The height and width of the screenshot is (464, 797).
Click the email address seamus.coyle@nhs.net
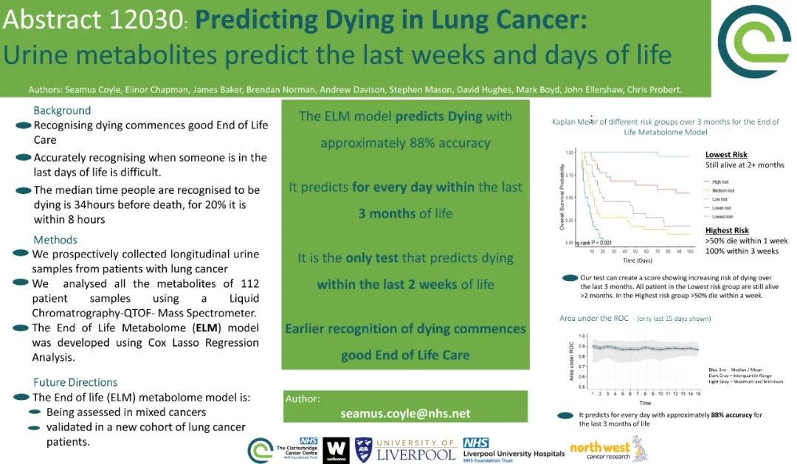click(405, 413)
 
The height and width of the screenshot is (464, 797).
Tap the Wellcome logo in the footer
click(336, 449)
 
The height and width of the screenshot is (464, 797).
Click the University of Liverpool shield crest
click(363, 449)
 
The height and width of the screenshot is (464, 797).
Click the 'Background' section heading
click(62, 111)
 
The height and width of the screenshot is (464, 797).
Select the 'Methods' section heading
click(55, 240)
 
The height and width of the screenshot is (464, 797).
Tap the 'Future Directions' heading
click(75, 382)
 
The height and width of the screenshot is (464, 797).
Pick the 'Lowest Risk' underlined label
click(726, 155)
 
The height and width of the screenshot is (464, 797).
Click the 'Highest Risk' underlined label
click(727, 231)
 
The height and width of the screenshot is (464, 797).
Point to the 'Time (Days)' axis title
click(638, 260)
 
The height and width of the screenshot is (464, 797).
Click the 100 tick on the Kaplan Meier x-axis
click(689, 252)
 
